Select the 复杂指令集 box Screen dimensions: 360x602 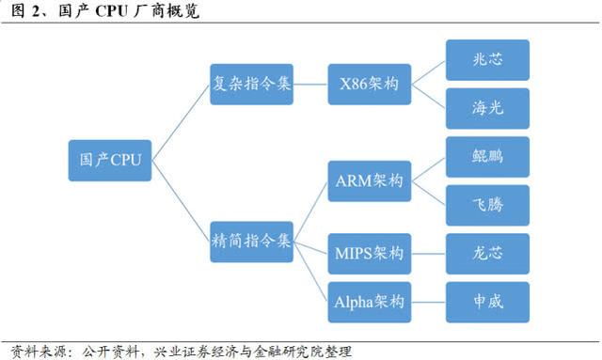click(252, 85)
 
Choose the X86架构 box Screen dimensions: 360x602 click(369, 85)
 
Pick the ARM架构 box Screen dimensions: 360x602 click(369, 181)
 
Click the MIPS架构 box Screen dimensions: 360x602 click(369, 253)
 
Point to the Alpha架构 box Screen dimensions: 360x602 click(369, 302)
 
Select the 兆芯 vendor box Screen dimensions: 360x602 click(486, 59)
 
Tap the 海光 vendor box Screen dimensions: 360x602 click(486, 108)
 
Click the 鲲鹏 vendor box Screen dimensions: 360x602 click(486, 156)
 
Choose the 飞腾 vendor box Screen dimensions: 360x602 click(486, 205)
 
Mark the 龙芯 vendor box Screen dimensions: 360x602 click(486, 253)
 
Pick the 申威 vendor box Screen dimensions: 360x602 click(486, 302)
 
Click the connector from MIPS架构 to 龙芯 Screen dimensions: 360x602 click(428, 253)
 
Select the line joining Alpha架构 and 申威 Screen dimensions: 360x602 click(428, 302)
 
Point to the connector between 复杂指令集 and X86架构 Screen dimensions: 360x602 click(310, 85)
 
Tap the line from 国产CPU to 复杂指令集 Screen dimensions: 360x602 click(182, 121)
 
